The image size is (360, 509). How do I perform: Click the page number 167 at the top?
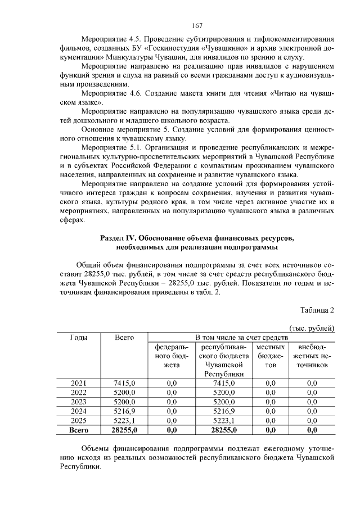pos(196,26)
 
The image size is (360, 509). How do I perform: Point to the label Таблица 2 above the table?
pos(317,310)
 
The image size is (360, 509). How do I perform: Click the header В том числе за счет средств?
pos(241,337)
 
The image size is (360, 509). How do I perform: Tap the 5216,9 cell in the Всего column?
pos(124,411)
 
